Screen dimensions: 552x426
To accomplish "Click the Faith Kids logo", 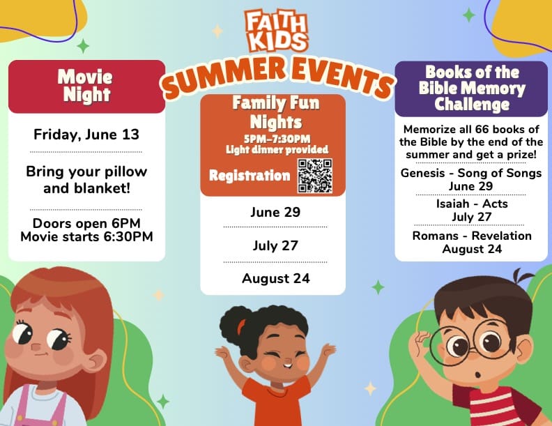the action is [277, 31].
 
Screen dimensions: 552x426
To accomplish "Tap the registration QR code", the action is [315, 176].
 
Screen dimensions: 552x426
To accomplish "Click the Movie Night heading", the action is [86, 86].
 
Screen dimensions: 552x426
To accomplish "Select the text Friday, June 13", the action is [86, 135].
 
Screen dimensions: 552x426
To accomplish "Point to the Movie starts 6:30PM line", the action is [86, 236].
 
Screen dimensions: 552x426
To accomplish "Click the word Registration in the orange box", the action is [250, 175].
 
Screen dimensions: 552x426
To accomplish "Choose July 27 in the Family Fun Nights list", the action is [275, 245].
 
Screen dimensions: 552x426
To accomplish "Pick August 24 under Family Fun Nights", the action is [275, 278].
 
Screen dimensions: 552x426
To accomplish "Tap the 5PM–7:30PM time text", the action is [277, 139].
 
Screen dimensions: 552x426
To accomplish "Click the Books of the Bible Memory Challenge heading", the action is [472, 89].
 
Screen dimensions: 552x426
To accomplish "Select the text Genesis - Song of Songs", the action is [471, 173].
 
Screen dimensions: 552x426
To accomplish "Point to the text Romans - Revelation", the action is [472, 236].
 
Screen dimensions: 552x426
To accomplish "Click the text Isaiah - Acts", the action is [472, 204].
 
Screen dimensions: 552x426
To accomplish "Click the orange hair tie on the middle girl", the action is [240, 327].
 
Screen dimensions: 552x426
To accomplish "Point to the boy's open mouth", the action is [477, 375].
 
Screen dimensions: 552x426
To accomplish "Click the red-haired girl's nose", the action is [36, 347].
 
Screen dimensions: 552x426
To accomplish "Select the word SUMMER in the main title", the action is [224, 78].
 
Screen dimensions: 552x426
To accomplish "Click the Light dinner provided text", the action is [277, 150].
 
